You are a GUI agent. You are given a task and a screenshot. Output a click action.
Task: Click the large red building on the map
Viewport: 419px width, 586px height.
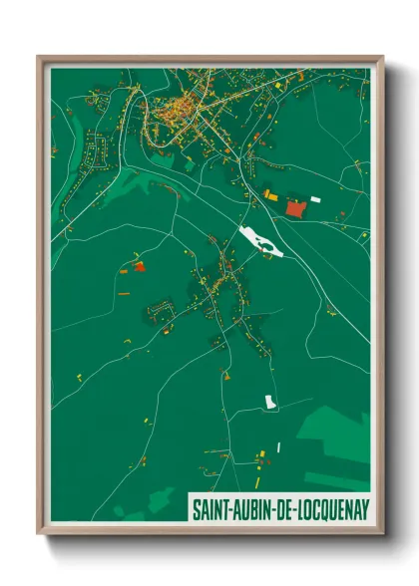click(x=295, y=207)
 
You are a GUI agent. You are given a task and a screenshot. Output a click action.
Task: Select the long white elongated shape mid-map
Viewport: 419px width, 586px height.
click(x=262, y=242)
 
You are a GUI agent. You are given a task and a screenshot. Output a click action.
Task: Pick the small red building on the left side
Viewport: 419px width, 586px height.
click(x=140, y=266)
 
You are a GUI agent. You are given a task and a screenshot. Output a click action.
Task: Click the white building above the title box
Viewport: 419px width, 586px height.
click(x=270, y=402)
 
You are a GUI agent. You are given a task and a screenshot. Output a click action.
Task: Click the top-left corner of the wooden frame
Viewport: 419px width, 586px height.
click(x=39, y=58)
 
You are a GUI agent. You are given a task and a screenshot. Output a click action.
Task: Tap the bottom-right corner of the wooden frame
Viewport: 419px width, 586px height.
click(x=381, y=533)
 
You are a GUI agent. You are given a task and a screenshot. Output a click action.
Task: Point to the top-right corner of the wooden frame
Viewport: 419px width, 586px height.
click(x=381, y=58)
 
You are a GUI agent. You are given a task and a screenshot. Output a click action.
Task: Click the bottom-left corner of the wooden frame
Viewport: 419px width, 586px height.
click(x=39, y=533)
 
